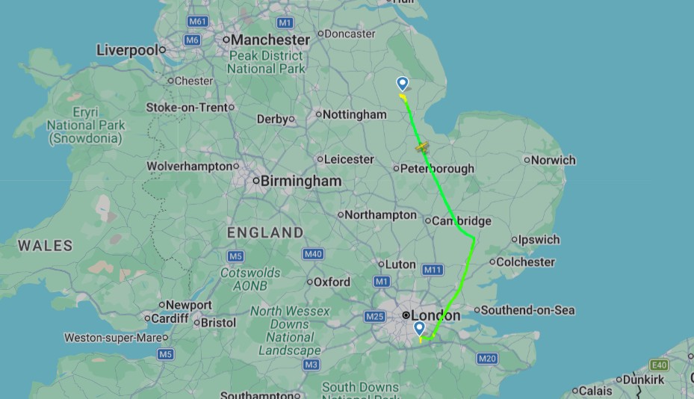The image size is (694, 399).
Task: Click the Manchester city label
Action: pos(270,40)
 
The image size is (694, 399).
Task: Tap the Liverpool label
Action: pos(127,50)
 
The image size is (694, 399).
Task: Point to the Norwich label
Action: pos(554,160)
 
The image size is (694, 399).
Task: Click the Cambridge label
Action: pos(462,220)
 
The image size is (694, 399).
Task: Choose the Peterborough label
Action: pos(438,168)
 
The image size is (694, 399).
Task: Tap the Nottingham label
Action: pos(355,114)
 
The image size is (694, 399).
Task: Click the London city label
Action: pos(436,315)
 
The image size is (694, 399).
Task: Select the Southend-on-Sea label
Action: pos(527,309)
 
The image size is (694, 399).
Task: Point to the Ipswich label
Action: pos(539,240)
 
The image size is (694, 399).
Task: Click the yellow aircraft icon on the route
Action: pos(423,147)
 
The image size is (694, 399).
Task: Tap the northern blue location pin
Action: pos(403,84)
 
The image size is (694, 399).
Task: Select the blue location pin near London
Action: pos(419,328)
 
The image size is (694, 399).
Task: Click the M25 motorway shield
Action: pos(374,317)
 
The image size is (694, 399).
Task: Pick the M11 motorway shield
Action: pos(433,270)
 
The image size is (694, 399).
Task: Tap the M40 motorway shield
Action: pos(313,254)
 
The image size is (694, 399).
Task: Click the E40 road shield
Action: pos(659,365)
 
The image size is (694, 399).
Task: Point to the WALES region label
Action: pos(46,245)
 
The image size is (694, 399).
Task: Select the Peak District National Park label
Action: pos(267,62)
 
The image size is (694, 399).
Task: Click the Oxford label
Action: pos(332,282)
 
